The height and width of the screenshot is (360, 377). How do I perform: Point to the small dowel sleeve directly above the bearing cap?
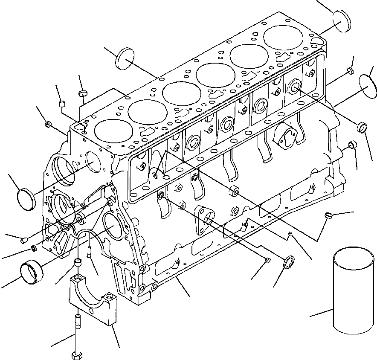[78, 261]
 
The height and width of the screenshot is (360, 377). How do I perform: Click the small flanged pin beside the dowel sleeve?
[90, 253]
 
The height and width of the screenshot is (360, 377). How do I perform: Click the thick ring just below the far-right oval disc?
[362, 127]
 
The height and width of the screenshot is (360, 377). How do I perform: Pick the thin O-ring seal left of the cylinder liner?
[289, 261]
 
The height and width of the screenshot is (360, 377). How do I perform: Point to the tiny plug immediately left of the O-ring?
[267, 260]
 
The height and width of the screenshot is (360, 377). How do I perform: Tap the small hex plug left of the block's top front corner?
[49, 124]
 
